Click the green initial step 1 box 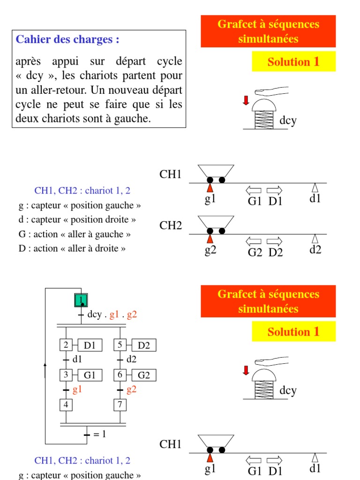tap(82, 300)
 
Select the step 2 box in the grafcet tap(66, 345)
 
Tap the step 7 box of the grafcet tap(120, 404)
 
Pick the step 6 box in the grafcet tap(120, 375)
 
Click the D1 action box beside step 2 tap(90, 345)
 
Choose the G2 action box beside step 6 tap(144, 375)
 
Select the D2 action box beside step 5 tap(144, 345)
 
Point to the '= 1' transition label tap(100, 434)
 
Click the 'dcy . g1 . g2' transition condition tap(112, 315)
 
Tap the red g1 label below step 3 tap(77, 390)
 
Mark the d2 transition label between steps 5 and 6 tap(131, 360)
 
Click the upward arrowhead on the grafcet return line tap(45, 364)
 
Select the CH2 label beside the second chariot tap(171, 225)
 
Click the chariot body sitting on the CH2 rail tap(216, 222)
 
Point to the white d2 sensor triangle tap(315, 239)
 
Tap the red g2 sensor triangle tap(210, 239)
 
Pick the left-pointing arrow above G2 tap(254, 241)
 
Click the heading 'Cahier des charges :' tap(67, 39)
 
